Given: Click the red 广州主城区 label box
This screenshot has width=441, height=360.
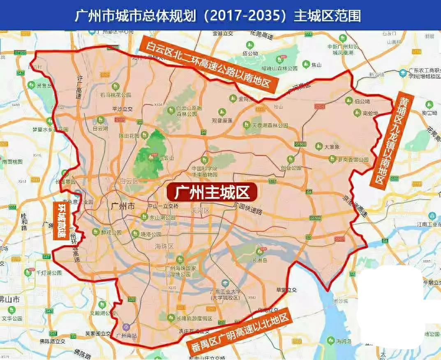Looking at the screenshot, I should coord(212,192).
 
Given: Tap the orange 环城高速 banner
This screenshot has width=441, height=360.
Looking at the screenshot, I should coord(62,221).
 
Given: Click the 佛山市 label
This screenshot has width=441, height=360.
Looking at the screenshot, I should coord(10,299).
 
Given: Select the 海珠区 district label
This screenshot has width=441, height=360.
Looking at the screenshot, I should coord(164,246).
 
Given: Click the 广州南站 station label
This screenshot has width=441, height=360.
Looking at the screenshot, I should coord(127,335).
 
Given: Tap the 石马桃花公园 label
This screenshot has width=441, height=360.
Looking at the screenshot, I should coord(115,95).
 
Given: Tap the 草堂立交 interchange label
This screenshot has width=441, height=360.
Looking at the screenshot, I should coord(286,290).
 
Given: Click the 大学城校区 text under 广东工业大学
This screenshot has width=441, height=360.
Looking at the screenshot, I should coord(225,297).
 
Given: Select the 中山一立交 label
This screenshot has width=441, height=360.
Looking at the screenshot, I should coord(163,206).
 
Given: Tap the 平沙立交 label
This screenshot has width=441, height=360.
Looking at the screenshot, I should coord(122,109).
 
